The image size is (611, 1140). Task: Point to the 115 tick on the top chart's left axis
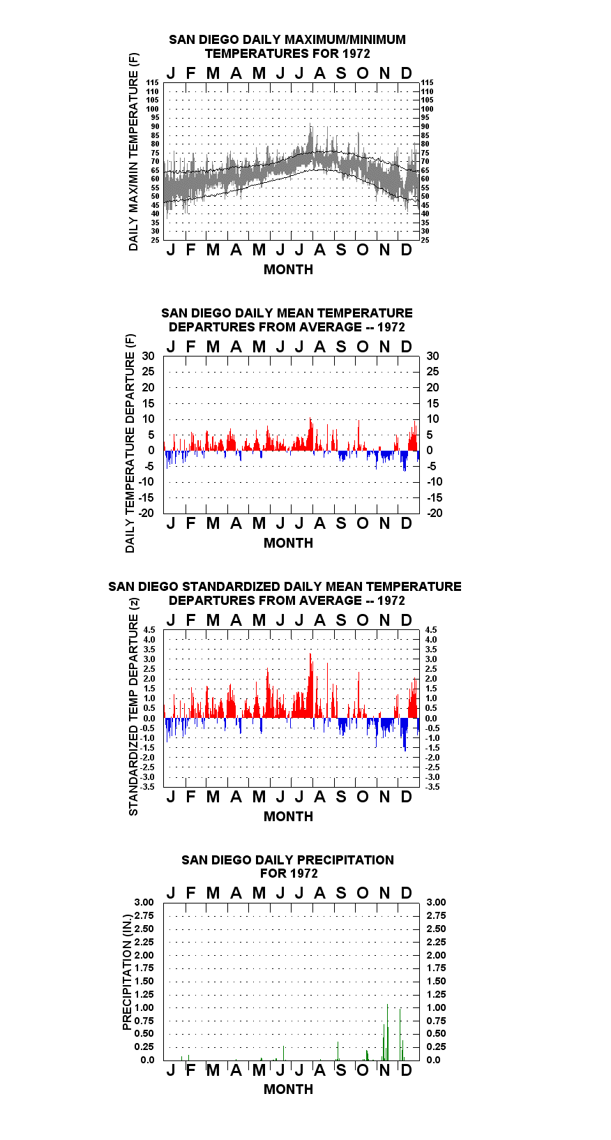tap(153, 82)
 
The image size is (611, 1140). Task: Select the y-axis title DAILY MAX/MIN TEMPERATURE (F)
tap(133, 151)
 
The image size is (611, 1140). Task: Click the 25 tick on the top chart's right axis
tap(425, 240)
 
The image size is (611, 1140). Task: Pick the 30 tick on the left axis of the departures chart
tap(148, 356)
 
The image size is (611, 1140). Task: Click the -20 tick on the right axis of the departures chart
tap(435, 513)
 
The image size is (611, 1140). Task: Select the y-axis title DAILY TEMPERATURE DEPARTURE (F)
tap(130, 443)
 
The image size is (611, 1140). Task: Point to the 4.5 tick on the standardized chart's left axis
tap(149, 630)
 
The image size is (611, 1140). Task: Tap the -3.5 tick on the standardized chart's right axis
tap(432, 787)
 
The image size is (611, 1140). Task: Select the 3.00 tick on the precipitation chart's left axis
tap(144, 902)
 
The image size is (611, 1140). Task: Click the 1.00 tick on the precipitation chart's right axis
tap(436, 1007)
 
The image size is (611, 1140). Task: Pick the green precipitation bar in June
tap(283, 1053)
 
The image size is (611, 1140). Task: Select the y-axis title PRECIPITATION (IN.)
tap(127, 973)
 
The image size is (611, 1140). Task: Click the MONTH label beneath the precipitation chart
tap(289, 1090)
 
